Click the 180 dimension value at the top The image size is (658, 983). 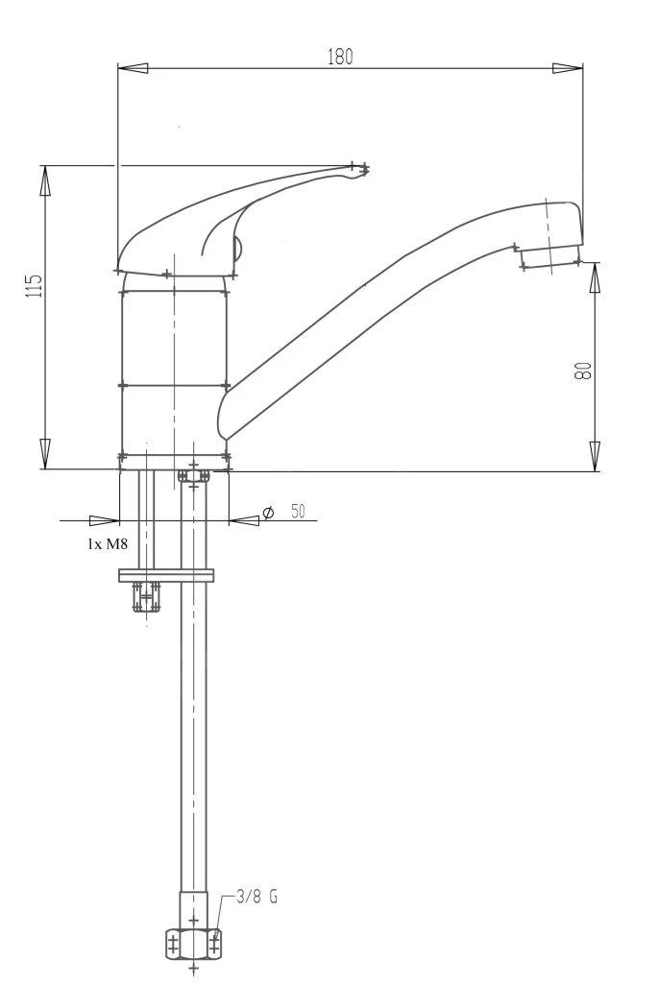[x=340, y=57]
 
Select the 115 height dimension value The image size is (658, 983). [x=34, y=285]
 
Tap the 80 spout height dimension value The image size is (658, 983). [x=582, y=371]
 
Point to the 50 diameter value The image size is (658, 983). [x=298, y=512]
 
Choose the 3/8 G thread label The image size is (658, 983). [x=256, y=899]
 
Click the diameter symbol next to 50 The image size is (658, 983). [x=268, y=514]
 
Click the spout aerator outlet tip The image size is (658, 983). [x=549, y=257]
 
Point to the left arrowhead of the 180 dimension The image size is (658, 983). [x=134, y=68]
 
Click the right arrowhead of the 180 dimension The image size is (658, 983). [x=567, y=68]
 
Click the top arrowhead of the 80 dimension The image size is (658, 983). [x=595, y=278]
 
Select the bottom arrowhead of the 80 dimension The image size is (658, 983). [x=595, y=455]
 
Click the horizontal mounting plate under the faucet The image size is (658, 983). [x=165, y=576]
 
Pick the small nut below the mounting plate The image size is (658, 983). [x=146, y=597]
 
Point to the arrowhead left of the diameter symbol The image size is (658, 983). [x=245, y=520]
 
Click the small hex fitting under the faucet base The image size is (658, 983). [x=193, y=476]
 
